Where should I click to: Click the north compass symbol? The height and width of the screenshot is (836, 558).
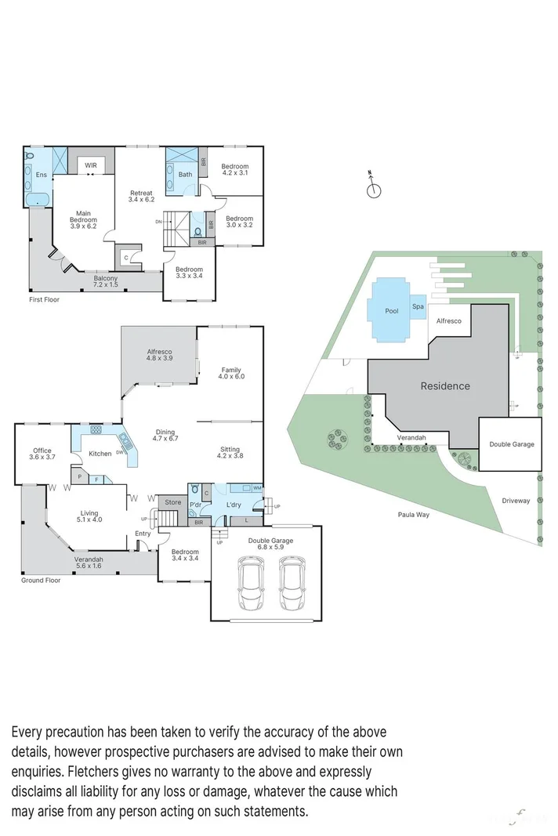374,189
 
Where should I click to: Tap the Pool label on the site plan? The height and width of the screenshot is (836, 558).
391,311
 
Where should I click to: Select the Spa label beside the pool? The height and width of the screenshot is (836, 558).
418,307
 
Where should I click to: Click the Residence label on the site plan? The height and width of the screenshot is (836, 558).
445,385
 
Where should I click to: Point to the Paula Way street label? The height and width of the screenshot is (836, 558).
412,515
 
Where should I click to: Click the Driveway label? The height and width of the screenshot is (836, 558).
516,501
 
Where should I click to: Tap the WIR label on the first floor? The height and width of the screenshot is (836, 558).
91,165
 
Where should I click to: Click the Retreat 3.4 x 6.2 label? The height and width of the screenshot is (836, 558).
141,197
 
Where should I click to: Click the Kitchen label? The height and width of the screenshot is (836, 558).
100,454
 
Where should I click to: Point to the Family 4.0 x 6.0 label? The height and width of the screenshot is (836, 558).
231,373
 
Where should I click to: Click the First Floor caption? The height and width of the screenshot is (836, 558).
44,299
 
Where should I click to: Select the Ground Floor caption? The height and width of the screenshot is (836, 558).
41,581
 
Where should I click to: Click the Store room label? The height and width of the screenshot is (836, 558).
172,503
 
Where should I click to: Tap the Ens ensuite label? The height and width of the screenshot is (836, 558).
41,175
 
